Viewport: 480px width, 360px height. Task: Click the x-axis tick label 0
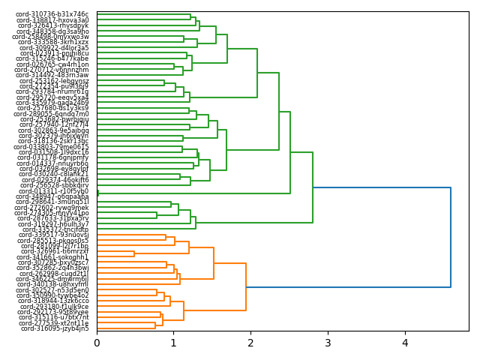tap(97, 343)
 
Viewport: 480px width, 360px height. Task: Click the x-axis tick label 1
tap(174, 343)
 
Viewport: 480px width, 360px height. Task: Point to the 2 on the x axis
tap(251, 343)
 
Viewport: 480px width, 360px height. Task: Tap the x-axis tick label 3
tap(328, 343)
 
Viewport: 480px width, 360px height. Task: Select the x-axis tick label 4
tap(405, 343)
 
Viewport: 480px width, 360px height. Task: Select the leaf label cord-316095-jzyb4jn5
tap(55, 328)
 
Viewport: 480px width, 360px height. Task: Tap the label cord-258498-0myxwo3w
tap(50, 37)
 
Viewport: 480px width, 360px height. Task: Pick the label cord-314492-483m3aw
tap(52, 75)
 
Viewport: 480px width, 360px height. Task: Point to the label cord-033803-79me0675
tap(51, 147)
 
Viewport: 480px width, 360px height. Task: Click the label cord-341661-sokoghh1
tap(52, 257)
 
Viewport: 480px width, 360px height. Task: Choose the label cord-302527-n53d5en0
tap(54, 290)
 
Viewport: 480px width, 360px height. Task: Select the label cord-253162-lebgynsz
tap(54, 81)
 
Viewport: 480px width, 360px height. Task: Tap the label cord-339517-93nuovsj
tap(54, 235)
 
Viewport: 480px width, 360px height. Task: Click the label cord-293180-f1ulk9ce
tap(54, 307)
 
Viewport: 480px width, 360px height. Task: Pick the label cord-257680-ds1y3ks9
tap(53, 108)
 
